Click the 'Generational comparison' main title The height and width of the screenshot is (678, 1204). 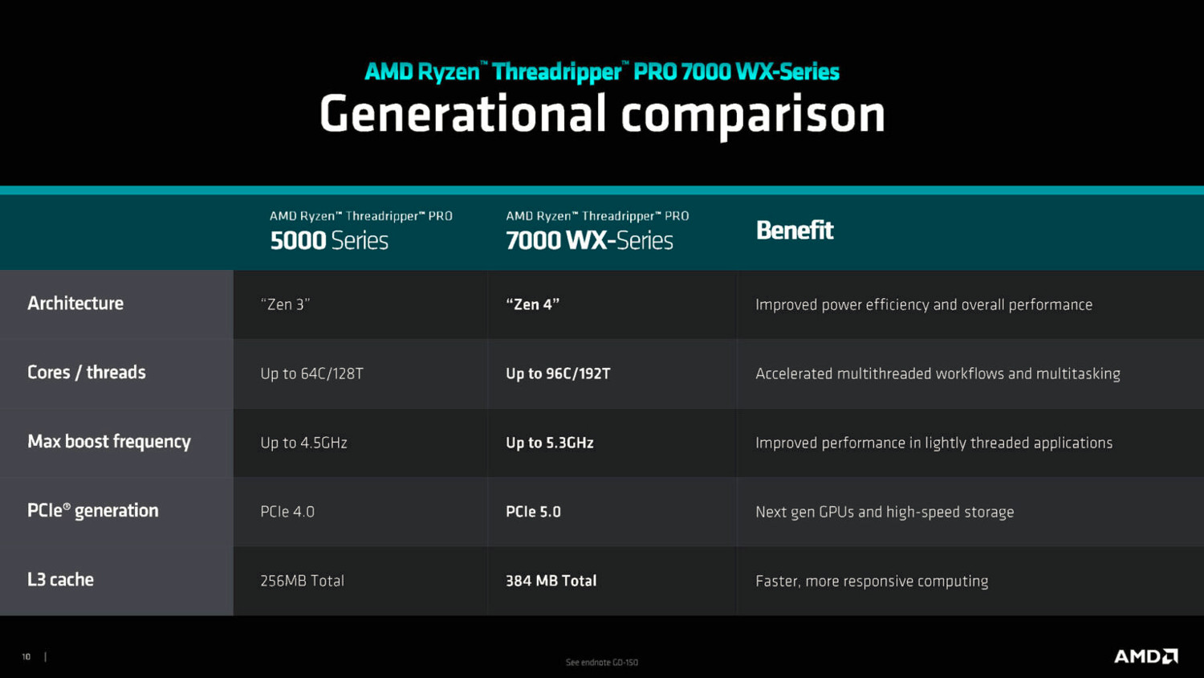(x=602, y=114)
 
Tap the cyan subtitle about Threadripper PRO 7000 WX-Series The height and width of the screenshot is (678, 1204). (x=602, y=71)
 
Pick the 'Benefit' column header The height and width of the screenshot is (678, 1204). (x=795, y=231)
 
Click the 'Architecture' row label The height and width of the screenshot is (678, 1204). (x=75, y=304)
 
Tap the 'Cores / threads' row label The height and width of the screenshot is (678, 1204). (x=87, y=373)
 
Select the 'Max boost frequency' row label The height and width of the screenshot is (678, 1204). (x=109, y=442)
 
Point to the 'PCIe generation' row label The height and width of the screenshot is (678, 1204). (x=93, y=511)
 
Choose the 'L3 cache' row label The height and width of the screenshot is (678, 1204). (x=60, y=580)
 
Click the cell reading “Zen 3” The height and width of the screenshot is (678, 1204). (x=285, y=304)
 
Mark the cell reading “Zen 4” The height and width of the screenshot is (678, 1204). (x=532, y=304)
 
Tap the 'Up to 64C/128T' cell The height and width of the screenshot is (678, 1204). (x=311, y=374)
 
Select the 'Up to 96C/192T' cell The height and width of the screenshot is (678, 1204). (x=558, y=374)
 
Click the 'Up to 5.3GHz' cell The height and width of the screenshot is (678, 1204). (x=550, y=443)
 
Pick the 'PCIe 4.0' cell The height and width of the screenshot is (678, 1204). (x=287, y=512)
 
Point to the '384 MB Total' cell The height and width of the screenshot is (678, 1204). (x=551, y=581)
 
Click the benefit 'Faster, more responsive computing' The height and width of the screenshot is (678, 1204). (x=872, y=581)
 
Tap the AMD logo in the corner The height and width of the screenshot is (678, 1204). (x=1145, y=656)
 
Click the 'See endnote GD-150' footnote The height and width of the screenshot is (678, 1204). (x=602, y=663)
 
